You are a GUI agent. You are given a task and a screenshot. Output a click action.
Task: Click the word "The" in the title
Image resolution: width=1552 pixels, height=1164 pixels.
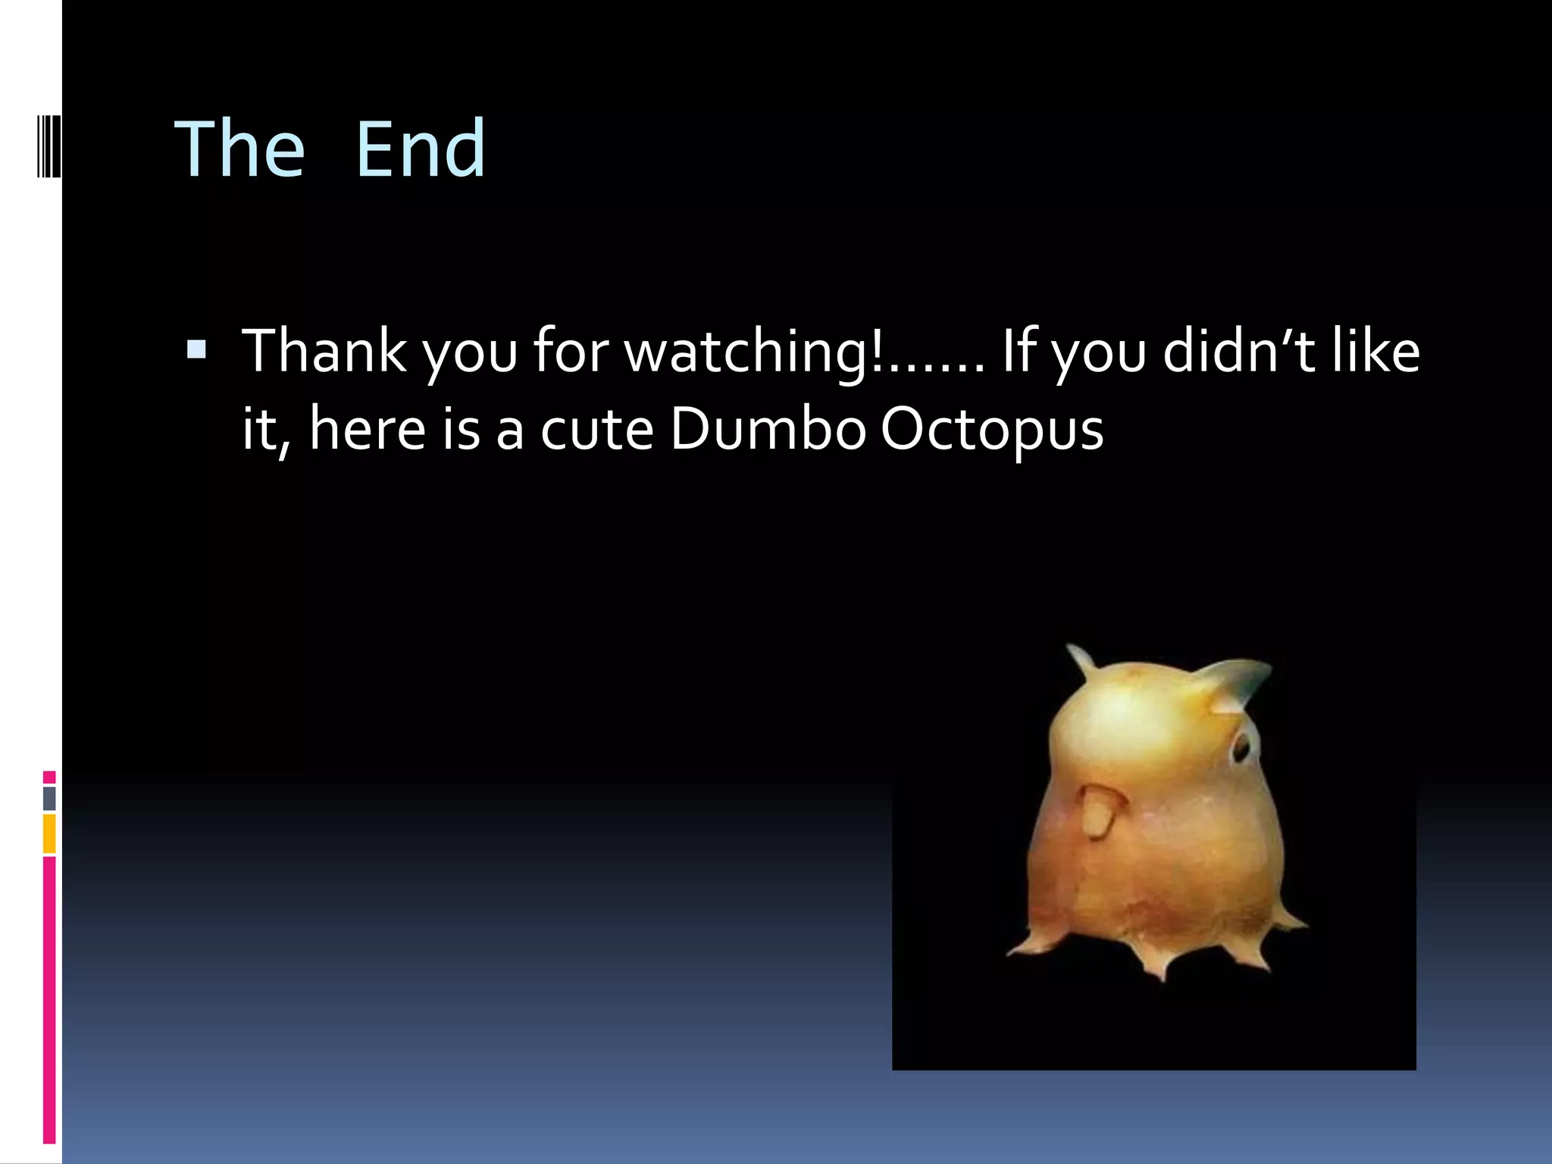[x=239, y=150]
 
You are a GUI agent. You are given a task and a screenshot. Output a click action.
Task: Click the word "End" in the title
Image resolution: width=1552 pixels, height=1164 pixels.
[x=420, y=150]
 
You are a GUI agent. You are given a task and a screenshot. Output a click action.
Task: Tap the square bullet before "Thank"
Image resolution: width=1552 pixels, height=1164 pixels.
[x=196, y=349]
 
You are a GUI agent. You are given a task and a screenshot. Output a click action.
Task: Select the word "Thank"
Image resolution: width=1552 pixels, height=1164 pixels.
[x=324, y=351]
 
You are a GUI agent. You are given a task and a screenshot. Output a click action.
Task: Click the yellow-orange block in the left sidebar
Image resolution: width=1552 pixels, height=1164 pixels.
[x=49, y=834]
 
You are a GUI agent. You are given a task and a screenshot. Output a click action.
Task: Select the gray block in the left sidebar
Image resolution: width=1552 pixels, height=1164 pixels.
[x=49, y=798]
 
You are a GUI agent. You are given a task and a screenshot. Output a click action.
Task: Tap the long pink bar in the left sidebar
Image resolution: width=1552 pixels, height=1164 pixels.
[x=49, y=999]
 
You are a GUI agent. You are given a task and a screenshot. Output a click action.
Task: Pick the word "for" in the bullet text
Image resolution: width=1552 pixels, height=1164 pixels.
[x=571, y=351]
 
